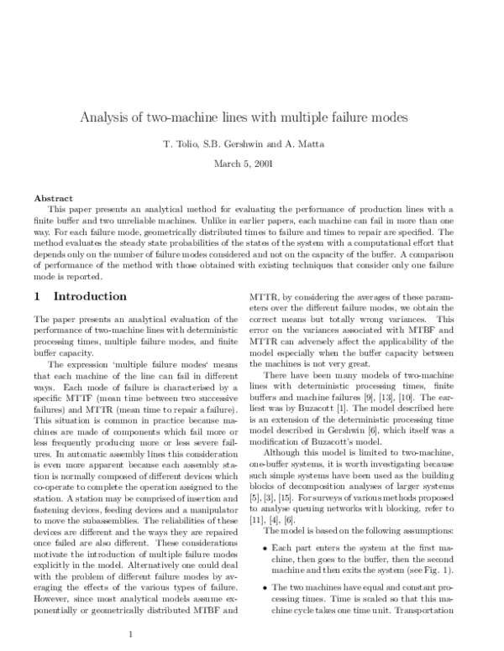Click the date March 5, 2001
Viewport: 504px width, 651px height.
pos(251,162)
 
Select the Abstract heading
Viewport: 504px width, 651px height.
pos(52,198)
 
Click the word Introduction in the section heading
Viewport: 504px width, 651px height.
pos(90,296)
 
